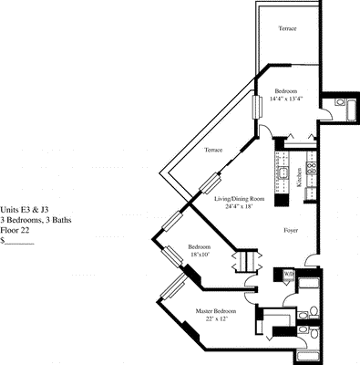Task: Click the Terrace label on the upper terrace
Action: tap(287, 28)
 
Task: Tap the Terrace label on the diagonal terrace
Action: tap(213, 150)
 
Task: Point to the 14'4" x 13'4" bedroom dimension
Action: tap(286, 99)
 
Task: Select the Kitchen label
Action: tap(299, 177)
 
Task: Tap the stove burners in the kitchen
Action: tap(312, 168)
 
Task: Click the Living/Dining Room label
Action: tap(240, 199)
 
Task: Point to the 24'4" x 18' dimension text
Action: tap(239, 206)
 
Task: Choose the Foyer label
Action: tap(291, 230)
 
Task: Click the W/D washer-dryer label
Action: tap(289, 275)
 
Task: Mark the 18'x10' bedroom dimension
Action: tap(200, 254)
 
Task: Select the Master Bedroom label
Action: tap(216, 311)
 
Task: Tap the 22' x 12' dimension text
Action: tap(216, 318)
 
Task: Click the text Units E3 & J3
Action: tap(25, 210)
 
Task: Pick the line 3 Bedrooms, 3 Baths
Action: tap(36, 220)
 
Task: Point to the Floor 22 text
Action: tap(15, 231)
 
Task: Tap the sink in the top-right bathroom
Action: tap(340, 102)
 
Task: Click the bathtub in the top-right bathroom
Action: tap(352, 109)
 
